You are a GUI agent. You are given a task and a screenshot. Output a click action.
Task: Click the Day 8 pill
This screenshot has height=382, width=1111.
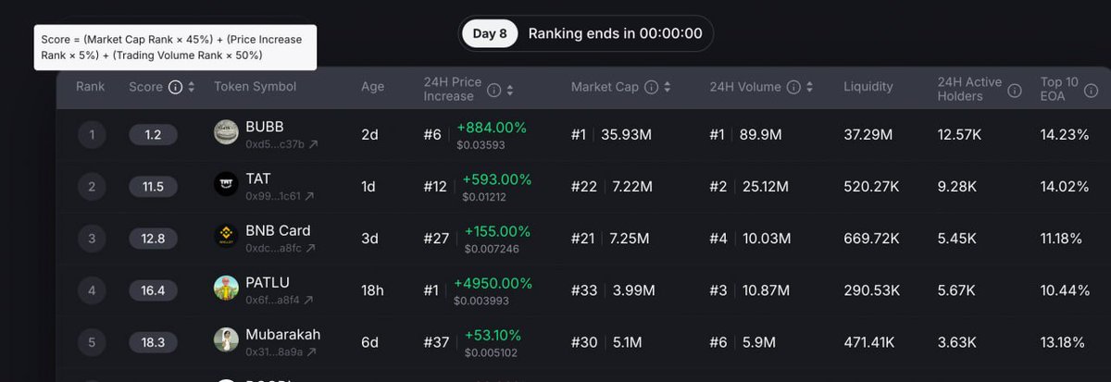point(490,33)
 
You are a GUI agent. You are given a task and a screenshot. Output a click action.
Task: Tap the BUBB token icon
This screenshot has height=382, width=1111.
point(226,133)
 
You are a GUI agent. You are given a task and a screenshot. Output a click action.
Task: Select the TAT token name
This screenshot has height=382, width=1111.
point(258,179)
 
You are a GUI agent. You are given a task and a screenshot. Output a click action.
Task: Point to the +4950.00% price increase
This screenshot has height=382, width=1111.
point(493,283)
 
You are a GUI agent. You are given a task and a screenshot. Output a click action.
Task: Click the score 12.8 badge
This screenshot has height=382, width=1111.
point(153,239)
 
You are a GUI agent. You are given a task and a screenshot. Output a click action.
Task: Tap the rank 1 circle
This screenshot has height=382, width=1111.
point(92,135)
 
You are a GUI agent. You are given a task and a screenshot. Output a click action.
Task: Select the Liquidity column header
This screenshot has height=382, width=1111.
point(868,87)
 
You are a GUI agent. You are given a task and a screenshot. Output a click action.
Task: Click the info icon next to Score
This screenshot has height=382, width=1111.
point(175,87)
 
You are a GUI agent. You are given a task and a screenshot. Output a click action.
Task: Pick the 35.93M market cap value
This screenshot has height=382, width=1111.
point(626,135)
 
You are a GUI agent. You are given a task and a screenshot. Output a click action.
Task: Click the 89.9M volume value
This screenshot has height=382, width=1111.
point(760,135)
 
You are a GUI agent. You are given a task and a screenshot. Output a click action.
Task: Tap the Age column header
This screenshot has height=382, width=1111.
point(372,87)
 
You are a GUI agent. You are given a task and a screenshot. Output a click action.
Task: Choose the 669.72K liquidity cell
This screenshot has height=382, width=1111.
point(871,239)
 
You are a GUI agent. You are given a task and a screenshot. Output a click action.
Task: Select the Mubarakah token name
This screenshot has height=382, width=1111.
point(282,334)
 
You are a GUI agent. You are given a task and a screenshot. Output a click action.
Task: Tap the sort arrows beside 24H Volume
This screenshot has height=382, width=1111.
point(809,87)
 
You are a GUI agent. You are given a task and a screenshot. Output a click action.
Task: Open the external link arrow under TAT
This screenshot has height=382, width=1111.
point(309,197)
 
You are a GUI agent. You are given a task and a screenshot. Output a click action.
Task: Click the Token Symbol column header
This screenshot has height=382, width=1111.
point(255,87)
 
